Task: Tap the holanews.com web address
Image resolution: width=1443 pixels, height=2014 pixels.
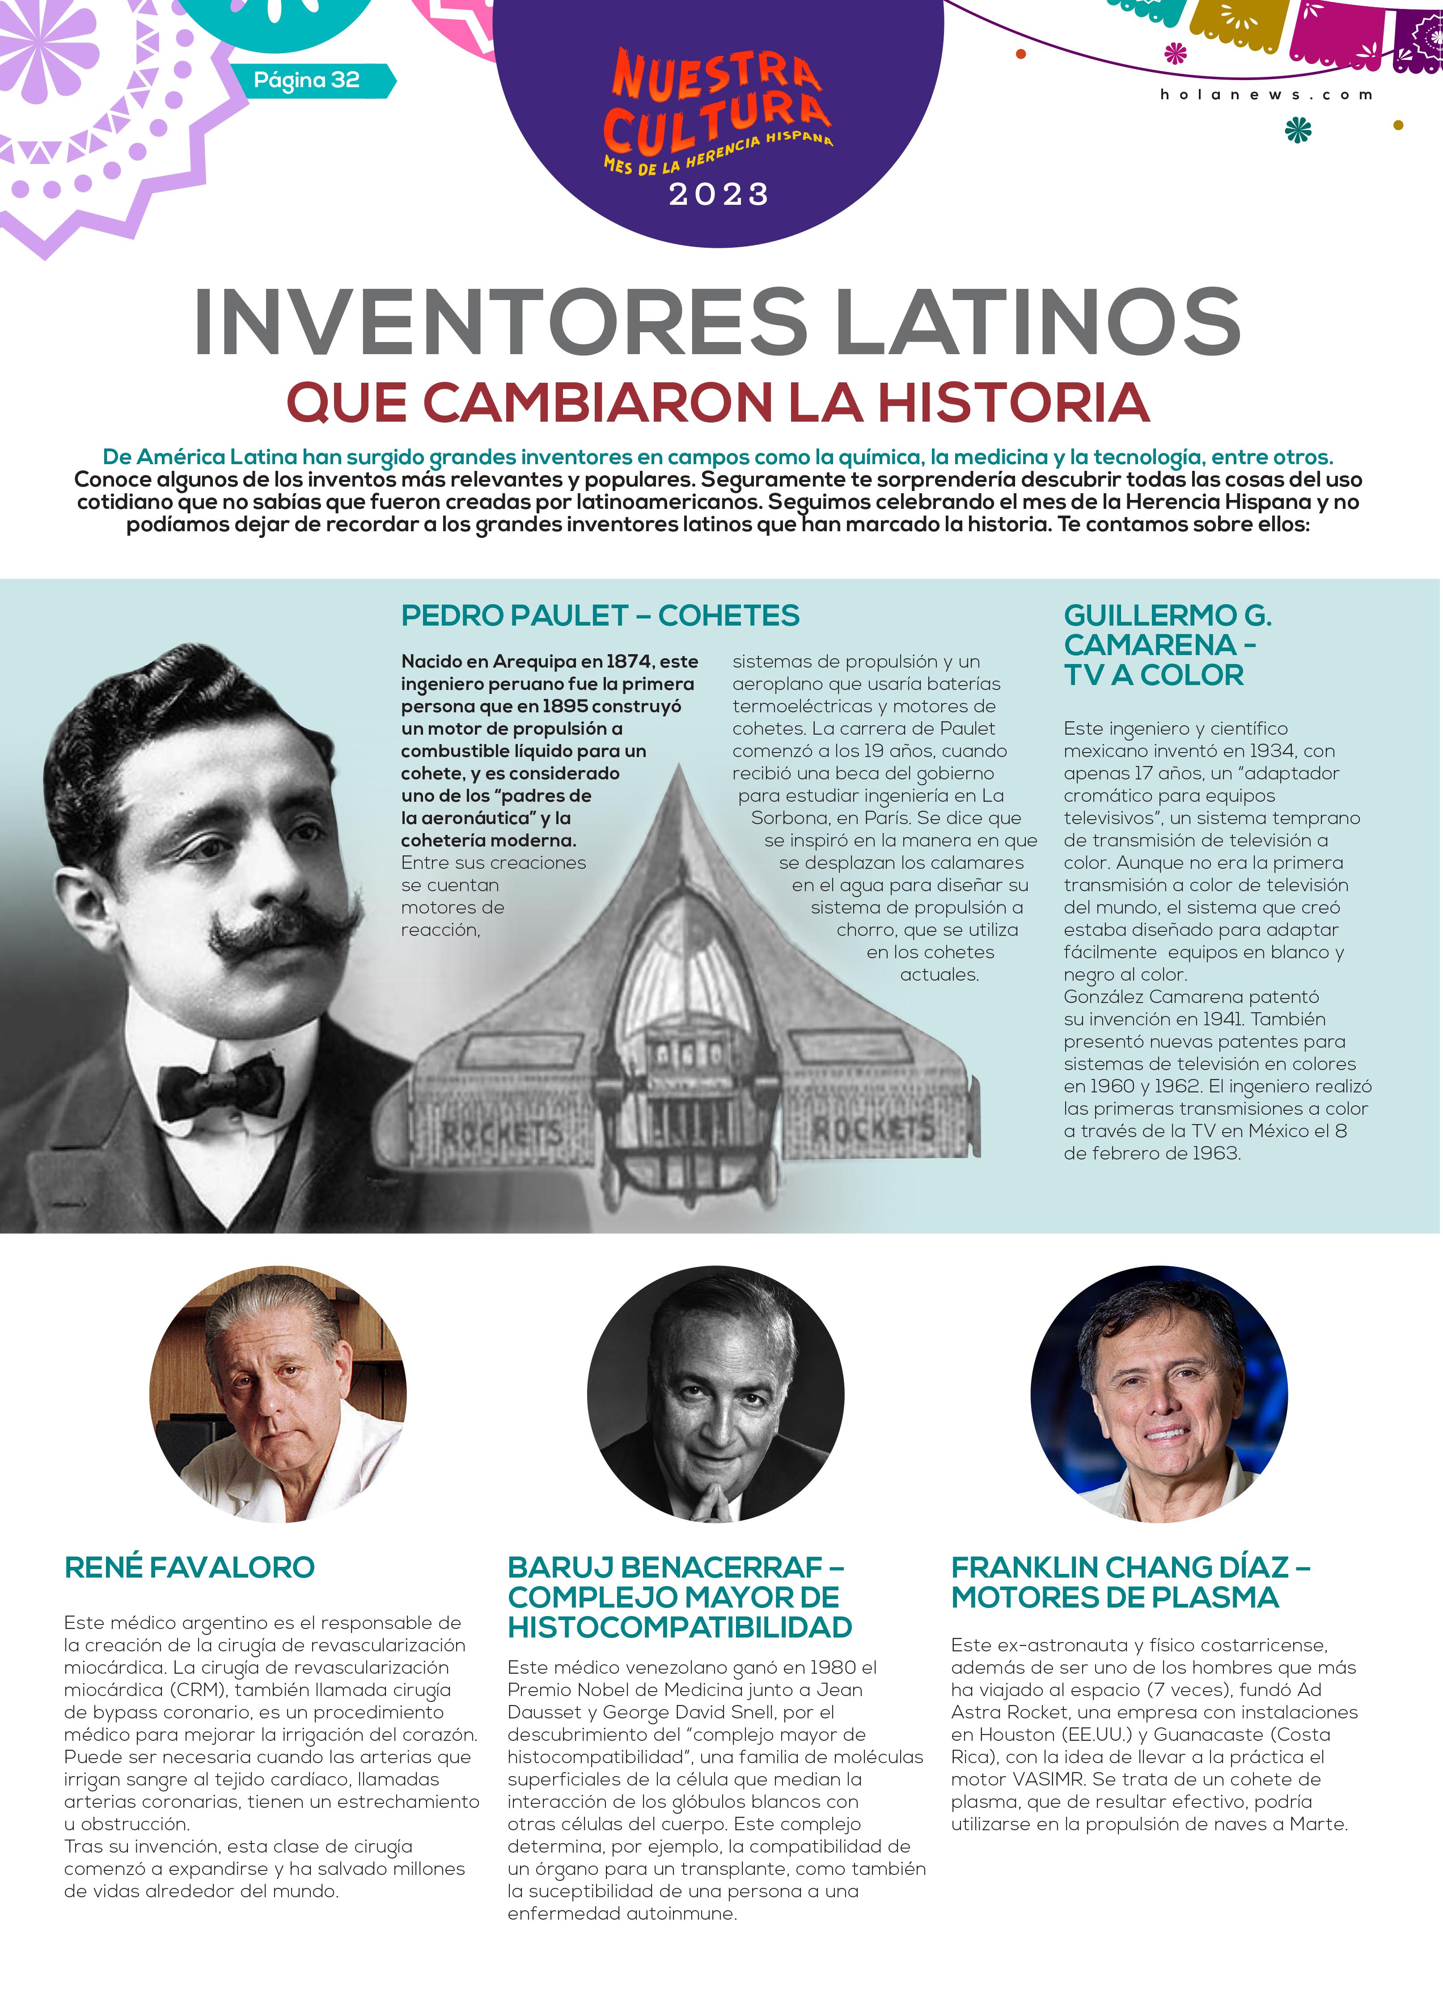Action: [x=1265, y=95]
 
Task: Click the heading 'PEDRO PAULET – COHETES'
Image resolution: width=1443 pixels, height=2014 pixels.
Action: [x=600, y=615]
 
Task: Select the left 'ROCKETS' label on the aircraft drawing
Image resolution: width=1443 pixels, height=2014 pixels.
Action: [x=502, y=1133]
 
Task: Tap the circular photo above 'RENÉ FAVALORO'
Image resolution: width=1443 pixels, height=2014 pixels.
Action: [x=278, y=1394]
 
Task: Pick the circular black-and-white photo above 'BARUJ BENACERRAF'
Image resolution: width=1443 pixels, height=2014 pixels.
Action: [x=716, y=1394]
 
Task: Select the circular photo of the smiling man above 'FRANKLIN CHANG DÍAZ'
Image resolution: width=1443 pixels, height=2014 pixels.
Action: [x=1159, y=1394]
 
